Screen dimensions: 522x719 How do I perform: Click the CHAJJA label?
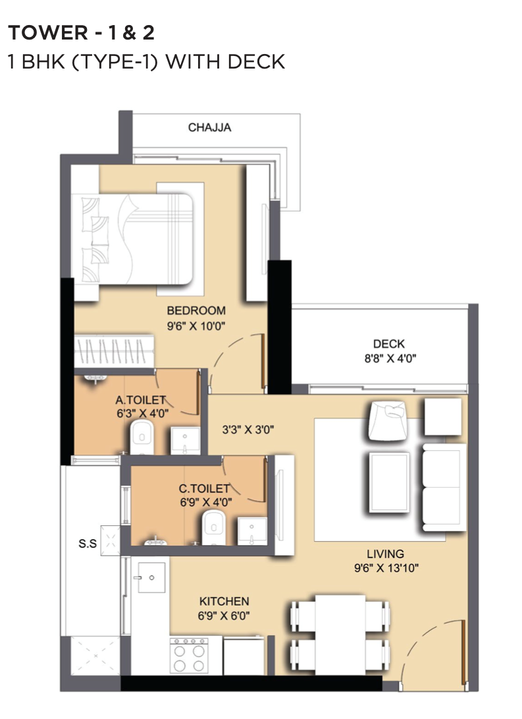pyautogui.click(x=210, y=127)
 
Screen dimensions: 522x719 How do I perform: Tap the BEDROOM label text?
pyautogui.click(x=196, y=310)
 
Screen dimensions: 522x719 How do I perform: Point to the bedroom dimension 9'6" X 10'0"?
pyautogui.click(x=196, y=326)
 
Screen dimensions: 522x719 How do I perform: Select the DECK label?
pyautogui.click(x=389, y=344)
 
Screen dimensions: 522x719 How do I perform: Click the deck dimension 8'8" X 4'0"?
pyautogui.click(x=390, y=358)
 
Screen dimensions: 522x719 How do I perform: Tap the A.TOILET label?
pyautogui.click(x=141, y=400)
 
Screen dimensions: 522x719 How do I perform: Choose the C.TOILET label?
pyautogui.click(x=204, y=489)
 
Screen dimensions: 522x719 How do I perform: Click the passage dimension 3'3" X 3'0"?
pyautogui.click(x=248, y=430)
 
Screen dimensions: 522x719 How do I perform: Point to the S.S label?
pyautogui.click(x=88, y=544)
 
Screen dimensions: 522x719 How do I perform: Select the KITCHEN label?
pyautogui.click(x=224, y=601)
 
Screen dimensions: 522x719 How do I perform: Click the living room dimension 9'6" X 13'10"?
pyautogui.click(x=386, y=567)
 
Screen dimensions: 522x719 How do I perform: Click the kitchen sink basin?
pyautogui.click(x=151, y=577)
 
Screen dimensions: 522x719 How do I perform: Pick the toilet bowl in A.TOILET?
pyautogui.click(x=142, y=438)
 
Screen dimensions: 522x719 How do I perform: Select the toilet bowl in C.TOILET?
pyautogui.click(x=214, y=527)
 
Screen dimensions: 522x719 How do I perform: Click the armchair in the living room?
pyautogui.click(x=387, y=420)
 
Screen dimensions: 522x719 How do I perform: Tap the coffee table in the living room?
pyautogui.click(x=389, y=482)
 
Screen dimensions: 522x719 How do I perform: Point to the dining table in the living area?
pyautogui.click(x=340, y=635)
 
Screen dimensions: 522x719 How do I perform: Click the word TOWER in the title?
pyautogui.click(x=48, y=32)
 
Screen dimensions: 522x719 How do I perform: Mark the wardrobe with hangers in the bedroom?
pyautogui.click(x=114, y=351)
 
